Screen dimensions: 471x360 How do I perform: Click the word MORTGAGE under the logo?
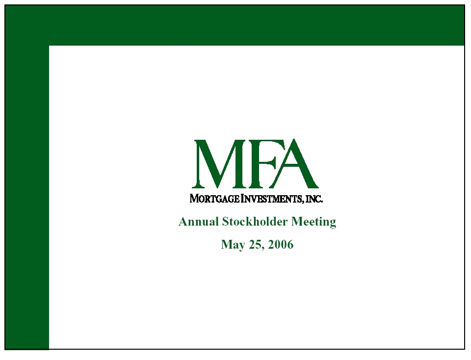click(x=215, y=199)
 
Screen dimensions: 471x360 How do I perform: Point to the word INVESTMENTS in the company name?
click(x=272, y=199)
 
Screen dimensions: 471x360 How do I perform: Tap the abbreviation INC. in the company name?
click(x=314, y=199)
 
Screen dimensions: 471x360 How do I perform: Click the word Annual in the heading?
click(x=199, y=222)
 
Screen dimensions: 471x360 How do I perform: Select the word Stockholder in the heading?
click(x=255, y=222)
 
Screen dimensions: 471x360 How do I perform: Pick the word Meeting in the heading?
click(x=314, y=222)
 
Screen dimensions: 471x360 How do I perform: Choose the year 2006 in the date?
click(x=281, y=244)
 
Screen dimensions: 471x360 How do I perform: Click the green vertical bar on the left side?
click(x=26, y=197)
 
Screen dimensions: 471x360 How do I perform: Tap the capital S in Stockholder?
click(x=225, y=222)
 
